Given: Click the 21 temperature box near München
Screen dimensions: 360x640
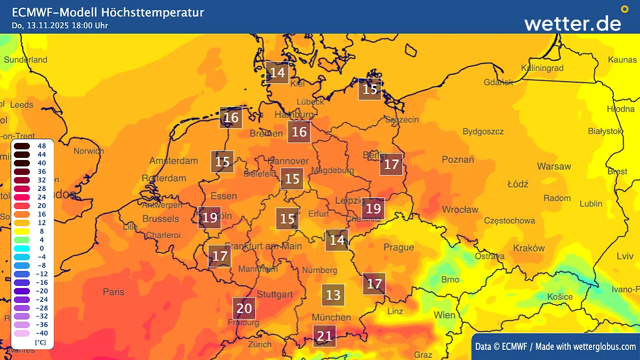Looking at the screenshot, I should coord(324,336).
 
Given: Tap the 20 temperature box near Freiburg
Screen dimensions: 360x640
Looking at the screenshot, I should coord(244,308).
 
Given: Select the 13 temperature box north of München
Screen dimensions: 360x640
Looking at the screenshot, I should coord(333,295).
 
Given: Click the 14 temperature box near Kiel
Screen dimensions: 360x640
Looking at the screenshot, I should coord(277,73).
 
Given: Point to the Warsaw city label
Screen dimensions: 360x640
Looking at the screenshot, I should coord(554,166).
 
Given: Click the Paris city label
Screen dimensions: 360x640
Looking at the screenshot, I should coord(114,292).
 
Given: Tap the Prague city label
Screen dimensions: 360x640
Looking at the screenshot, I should coord(398,247).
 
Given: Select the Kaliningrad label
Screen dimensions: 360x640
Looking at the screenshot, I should coord(542,68).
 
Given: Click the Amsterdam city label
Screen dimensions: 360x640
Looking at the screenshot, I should coord(173,161).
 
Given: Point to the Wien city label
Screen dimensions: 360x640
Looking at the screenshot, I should coord(445,315).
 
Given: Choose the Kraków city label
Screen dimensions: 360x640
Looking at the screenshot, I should coord(529,248).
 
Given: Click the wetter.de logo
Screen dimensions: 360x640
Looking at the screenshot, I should coord(573,23).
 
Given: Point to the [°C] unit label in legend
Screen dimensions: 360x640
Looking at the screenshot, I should coord(40,342).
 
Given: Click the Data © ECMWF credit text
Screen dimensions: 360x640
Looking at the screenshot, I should coord(500,347).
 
